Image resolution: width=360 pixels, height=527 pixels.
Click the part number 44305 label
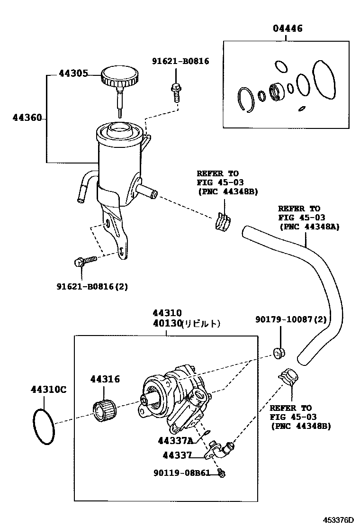tap(73, 73)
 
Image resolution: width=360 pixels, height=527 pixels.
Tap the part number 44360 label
tap(27, 117)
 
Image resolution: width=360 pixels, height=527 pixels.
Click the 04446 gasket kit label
tap(287, 29)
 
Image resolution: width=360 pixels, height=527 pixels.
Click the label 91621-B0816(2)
tap(92, 286)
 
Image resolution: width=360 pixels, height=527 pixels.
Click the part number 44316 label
tap(105, 379)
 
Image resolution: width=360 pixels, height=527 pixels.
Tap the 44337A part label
tap(175, 441)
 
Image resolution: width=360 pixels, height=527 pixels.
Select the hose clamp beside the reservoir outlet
tap(223, 220)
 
